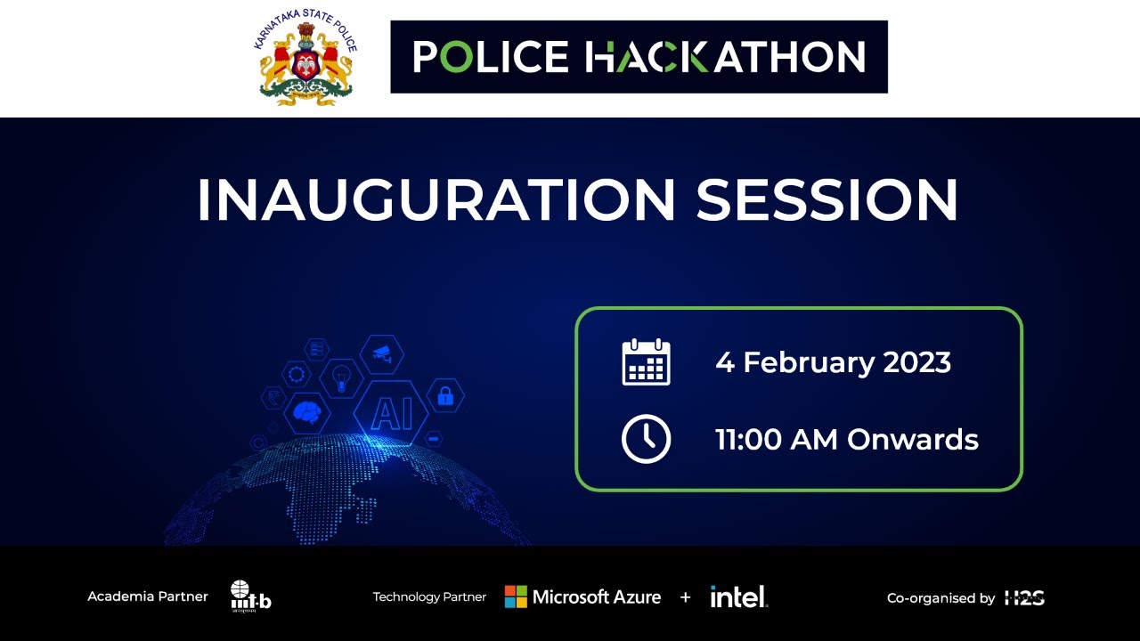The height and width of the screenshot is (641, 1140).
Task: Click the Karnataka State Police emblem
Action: click(x=306, y=58)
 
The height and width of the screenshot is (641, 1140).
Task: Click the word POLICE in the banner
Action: click(x=491, y=57)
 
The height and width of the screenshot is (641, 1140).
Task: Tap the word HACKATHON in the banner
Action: click(x=725, y=57)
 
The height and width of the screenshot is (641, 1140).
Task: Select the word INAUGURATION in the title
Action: click(x=436, y=200)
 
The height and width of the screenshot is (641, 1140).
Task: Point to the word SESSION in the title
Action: click(x=826, y=200)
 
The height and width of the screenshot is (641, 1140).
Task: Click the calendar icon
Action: click(x=646, y=362)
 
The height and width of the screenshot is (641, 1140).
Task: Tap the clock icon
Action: click(x=646, y=439)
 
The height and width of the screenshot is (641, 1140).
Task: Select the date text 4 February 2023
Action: click(x=833, y=362)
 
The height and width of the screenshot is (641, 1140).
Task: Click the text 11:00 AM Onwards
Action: click(x=846, y=440)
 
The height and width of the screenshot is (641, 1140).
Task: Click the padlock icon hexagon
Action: click(x=445, y=396)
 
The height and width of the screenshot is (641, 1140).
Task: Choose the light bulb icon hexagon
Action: click(x=340, y=378)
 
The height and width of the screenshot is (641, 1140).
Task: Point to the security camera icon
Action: click(x=381, y=353)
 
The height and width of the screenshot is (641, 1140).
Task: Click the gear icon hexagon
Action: click(x=296, y=374)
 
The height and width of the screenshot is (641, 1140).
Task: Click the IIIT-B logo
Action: click(x=250, y=596)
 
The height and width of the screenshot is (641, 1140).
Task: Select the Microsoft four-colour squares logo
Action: click(x=516, y=596)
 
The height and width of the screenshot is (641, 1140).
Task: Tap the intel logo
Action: click(x=738, y=596)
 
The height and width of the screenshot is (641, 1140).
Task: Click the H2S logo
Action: click(x=1024, y=597)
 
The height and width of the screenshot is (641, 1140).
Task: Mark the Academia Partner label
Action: click(x=148, y=596)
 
